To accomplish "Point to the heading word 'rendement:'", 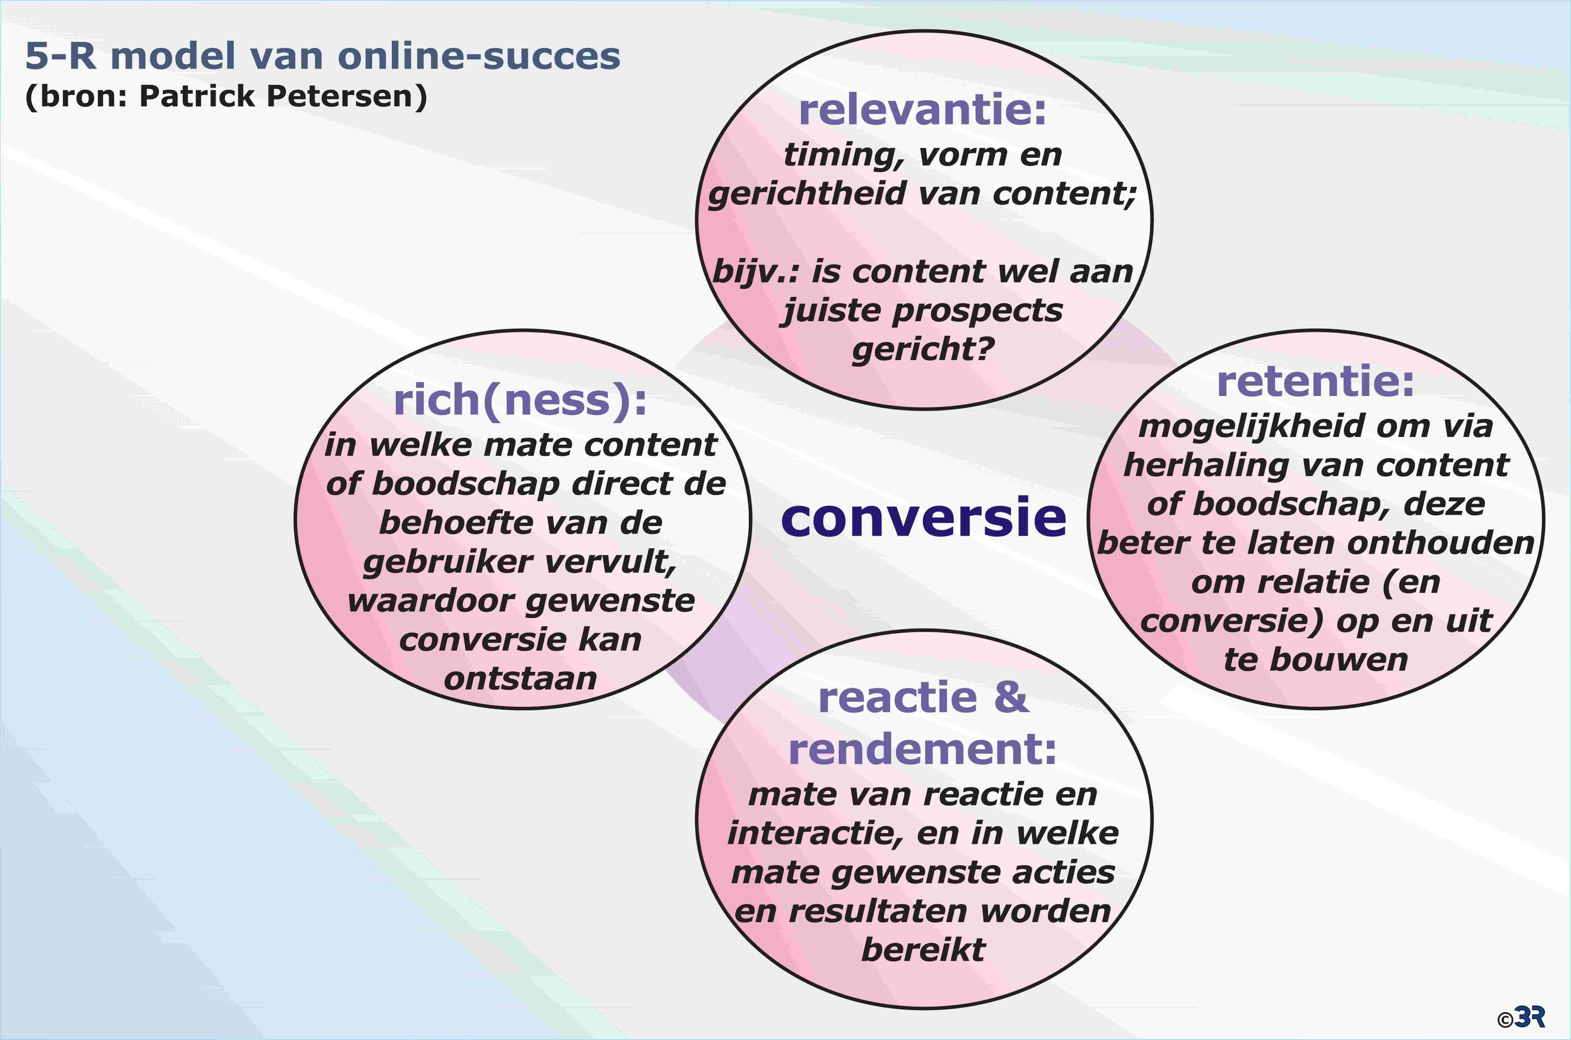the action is [x=923, y=750].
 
